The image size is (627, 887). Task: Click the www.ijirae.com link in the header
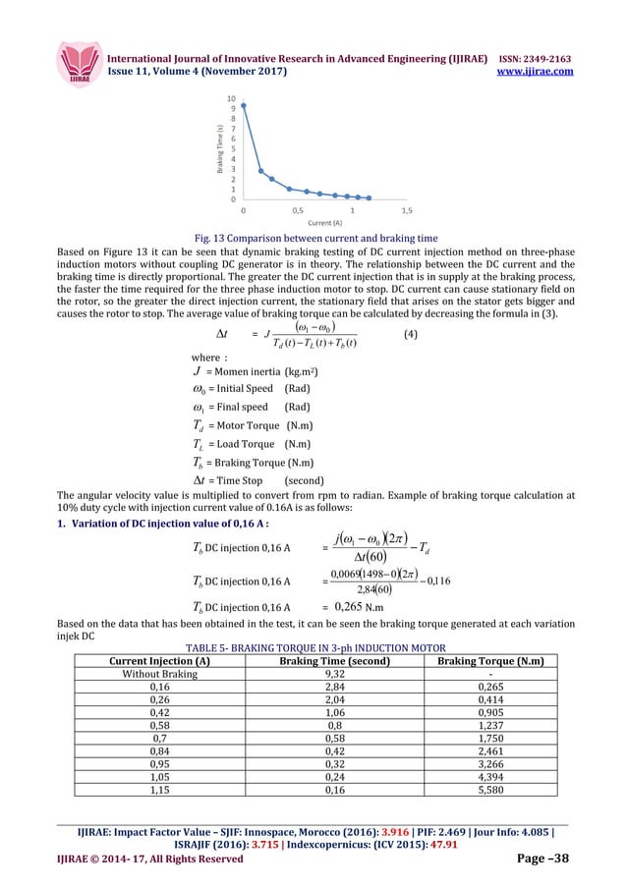point(535,72)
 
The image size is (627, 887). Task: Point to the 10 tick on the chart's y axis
point(231,98)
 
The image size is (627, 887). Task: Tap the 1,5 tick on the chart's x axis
point(407,210)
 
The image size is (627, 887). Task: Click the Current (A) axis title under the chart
point(324,224)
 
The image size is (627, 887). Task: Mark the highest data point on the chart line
point(244,106)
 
